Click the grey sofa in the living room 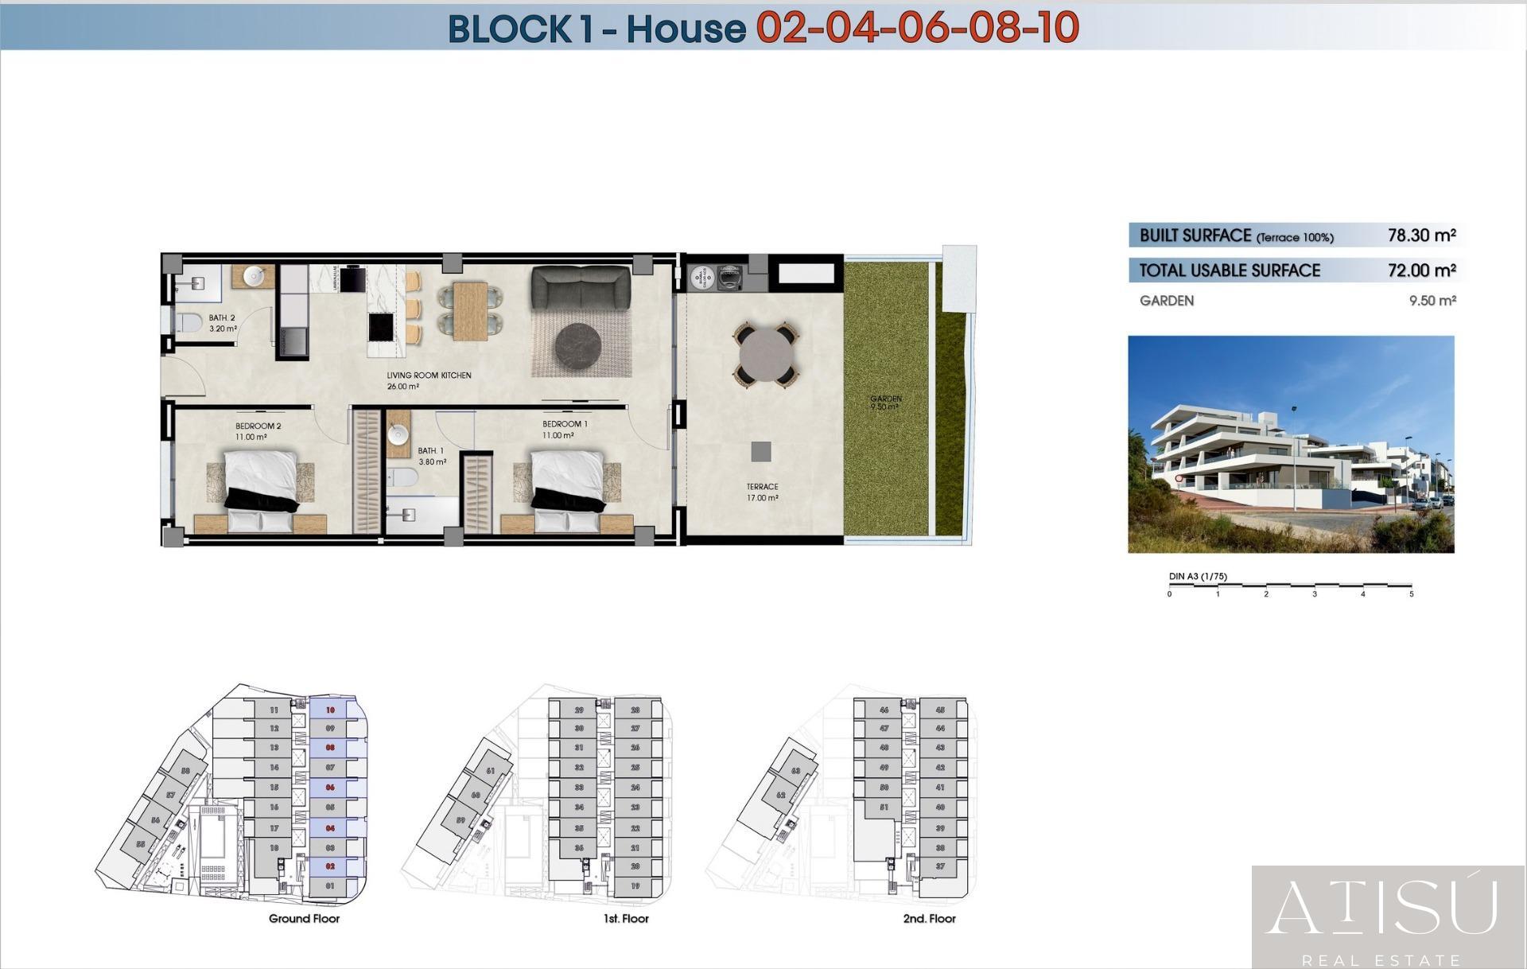(x=581, y=287)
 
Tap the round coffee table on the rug (x=582, y=348)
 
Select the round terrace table (x=765, y=353)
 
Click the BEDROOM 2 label (x=258, y=426)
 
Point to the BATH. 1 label (x=431, y=451)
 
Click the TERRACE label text (x=762, y=487)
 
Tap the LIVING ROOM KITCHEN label (x=429, y=376)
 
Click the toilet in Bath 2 (x=188, y=322)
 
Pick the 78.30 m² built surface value (x=1421, y=235)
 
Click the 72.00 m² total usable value (x=1421, y=270)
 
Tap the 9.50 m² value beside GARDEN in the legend (x=1432, y=301)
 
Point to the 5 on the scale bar (x=1412, y=594)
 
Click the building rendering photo (x=1291, y=444)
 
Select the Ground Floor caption (x=304, y=919)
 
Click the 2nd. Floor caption (x=929, y=919)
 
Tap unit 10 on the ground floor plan (x=330, y=710)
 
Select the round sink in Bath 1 (x=398, y=434)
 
